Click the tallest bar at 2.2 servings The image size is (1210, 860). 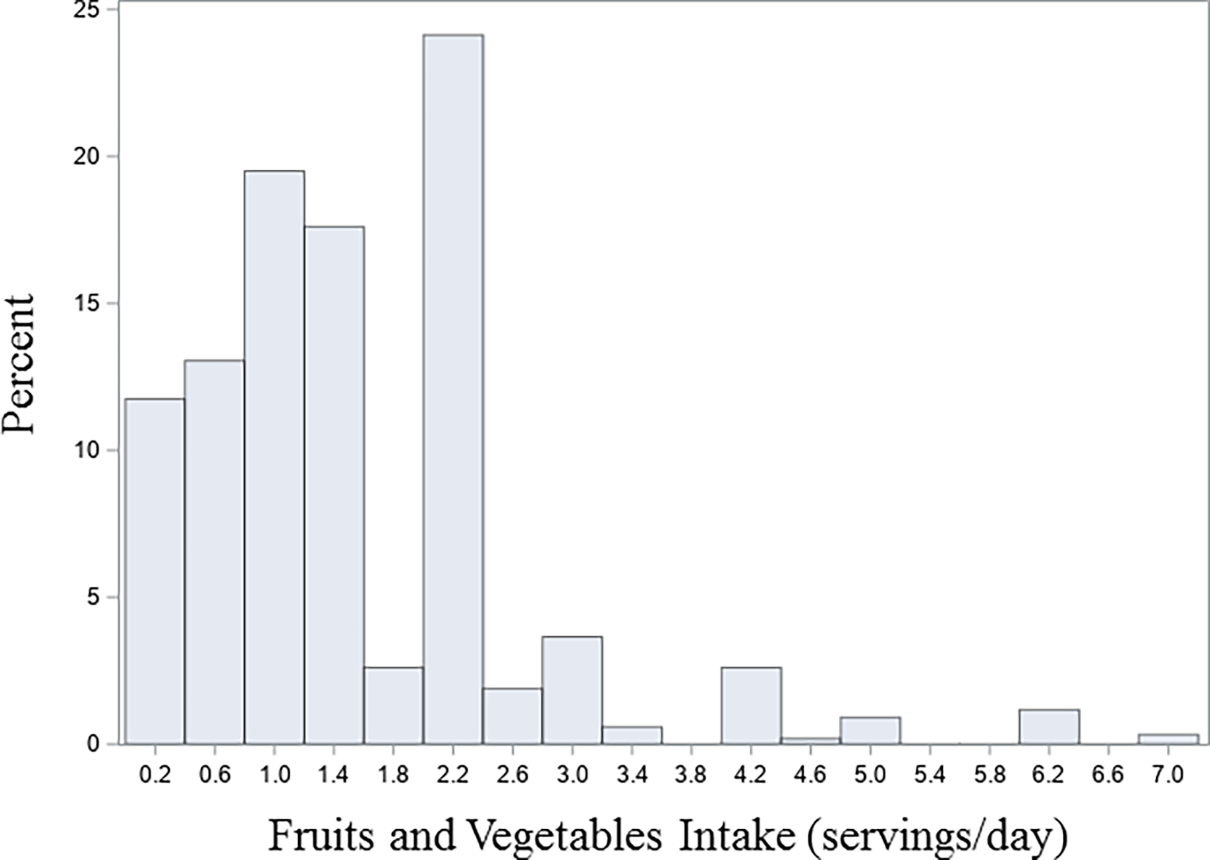pos(453,390)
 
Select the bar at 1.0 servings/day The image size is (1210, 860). pos(274,458)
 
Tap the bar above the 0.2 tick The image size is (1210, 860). pos(155,571)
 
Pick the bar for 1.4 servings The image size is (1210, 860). pos(334,485)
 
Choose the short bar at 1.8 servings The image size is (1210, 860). pos(393,705)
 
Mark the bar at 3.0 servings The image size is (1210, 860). pos(572,690)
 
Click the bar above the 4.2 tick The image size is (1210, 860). pos(751,705)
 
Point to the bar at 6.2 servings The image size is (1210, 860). pos(1049,726)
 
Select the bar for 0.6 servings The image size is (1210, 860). pos(214,551)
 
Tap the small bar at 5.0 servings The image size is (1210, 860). pos(870,730)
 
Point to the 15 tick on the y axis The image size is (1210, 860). pos(86,304)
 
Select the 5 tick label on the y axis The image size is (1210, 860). pos(93,597)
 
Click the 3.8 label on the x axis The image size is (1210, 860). pos(691,775)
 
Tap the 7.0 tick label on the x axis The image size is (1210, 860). pos(1168,775)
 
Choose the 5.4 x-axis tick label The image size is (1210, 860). pos(930,775)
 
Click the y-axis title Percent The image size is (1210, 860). pos(19,365)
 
